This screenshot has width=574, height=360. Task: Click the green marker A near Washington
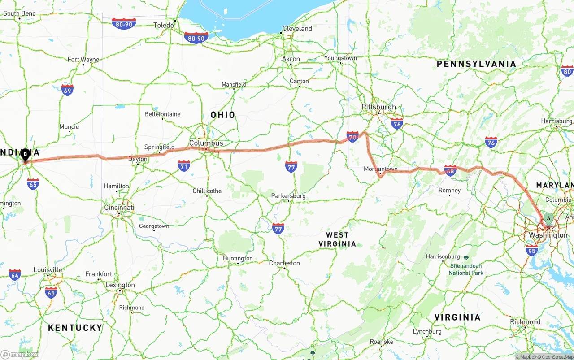(x=548, y=219)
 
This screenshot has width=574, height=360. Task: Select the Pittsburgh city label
(x=379, y=107)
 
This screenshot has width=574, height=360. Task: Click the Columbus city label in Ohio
(x=206, y=143)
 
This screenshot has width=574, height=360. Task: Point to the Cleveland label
(x=297, y=29)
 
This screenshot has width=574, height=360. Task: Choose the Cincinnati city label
(x=119, y=208)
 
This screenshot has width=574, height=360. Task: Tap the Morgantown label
(x=380, y=169)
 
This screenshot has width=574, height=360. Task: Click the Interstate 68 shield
(x=450, y=170)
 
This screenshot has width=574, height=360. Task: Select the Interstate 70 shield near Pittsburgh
(x=352, y=137)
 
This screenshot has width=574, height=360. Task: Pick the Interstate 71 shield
(x=184, y=166)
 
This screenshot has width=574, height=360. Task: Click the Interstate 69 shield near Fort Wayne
(x=67, y=90)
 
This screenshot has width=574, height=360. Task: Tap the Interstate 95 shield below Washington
(x=531, y=250)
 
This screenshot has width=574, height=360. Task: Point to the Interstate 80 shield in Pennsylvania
(x=567, y=71)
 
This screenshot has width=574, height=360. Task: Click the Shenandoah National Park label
(x=466, y=269)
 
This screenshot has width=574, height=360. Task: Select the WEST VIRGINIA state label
(x=337, y=239)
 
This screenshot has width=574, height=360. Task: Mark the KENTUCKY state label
(x=75, y=328)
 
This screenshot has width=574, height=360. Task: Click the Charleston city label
(x=284, y=263)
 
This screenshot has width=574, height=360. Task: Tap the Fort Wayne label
(x=83, y=60)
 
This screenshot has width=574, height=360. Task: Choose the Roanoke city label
(x=381, y=342)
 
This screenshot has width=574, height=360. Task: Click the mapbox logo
(x=20, y=354)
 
